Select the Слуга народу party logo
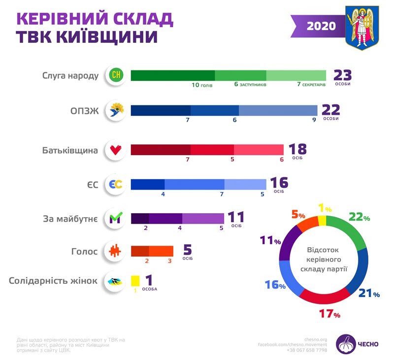[x=117, y=75]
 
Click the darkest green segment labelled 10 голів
[x=173, y=75]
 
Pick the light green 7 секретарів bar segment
[x=296, y=75]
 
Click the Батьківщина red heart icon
[x=117, y=150]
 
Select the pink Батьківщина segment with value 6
[x=259, y=150]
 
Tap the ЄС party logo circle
[x=117, y=185]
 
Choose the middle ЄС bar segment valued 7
[x=194, y=184]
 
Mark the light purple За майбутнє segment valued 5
[x=203, y=218]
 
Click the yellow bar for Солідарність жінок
[x=135, y=281]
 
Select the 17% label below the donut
[x=329, y=313]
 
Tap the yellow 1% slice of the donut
[x=322, y=220]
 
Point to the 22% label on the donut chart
[x=359, y=217]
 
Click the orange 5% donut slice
[x=308, y=224]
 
